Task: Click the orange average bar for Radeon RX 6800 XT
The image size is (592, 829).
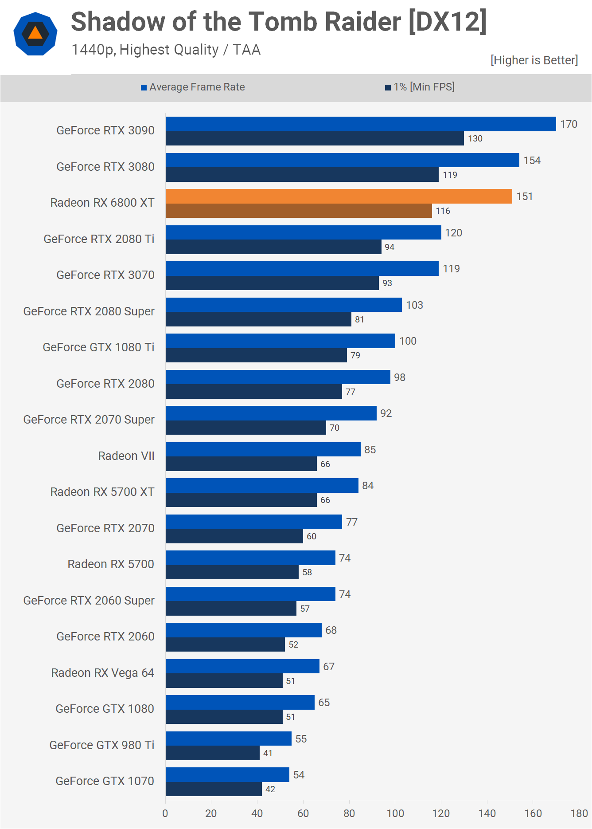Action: (339, 196)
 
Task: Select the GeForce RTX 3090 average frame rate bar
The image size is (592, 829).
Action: (361, 124)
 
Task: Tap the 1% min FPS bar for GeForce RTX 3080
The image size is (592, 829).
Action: (302, 175)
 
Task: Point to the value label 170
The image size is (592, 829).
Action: (569, 124)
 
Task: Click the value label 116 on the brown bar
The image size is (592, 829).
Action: (443, 211)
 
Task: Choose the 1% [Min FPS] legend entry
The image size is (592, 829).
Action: (420, 87)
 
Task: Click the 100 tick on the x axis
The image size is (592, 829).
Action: (395, 813)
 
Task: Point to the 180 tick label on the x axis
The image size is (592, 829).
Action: (579, 813)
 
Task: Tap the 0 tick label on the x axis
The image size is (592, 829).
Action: (165, 813)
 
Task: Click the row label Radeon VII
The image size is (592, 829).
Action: (126, 456)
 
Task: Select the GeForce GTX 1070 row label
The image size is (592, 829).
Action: (105, 781)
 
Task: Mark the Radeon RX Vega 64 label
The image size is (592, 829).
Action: (103, 673)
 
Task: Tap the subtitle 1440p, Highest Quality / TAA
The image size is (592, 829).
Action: (166, 50)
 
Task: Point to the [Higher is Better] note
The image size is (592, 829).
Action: (534, 60)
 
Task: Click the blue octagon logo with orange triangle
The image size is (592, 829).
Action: (35, 34)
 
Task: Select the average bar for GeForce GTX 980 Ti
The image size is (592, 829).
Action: (229, 739)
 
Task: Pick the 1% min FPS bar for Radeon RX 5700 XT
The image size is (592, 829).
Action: (241, 500)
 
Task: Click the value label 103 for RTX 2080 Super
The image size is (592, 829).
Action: (414, 305)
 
